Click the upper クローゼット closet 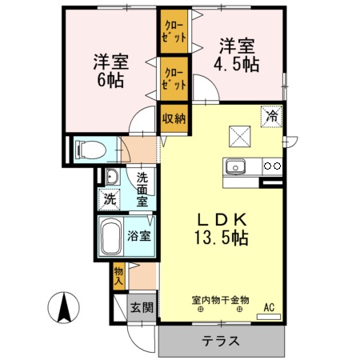point(174,30)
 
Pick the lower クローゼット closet point(174,78)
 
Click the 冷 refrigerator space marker point(272,116)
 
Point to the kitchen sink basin point(235,167)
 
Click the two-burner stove point(272,167)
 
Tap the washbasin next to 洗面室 point(111,178)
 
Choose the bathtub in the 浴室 point(111,237)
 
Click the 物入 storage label point(118,277)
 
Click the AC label point(269,306)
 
